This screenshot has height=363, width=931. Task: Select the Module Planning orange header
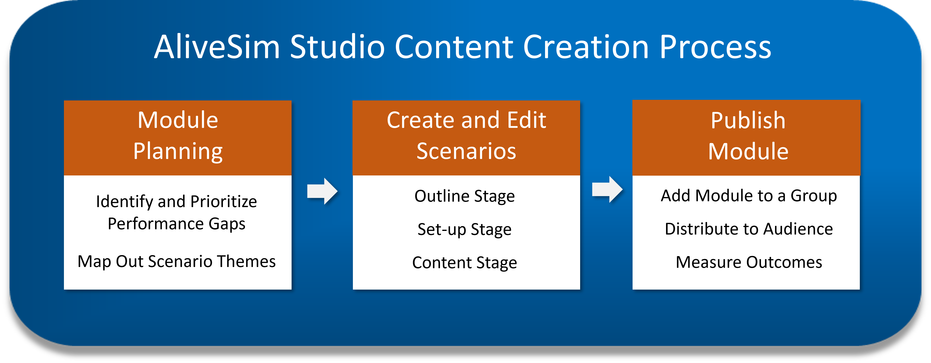tap(178, 138)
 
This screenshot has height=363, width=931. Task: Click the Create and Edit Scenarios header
tap(466, 138)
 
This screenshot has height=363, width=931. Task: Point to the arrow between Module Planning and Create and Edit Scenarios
tap(322, 191)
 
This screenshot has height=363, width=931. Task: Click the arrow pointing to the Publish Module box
tap(607, 189)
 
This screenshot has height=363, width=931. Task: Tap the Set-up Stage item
tap(465, 229)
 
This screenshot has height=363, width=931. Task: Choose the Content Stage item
tap(465, 263)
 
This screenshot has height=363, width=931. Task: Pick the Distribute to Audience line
tap(749, 229)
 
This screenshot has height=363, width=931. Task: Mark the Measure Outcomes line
tap(749, 262)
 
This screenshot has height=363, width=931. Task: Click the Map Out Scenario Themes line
tap(177, 261)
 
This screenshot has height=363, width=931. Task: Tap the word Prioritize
tap(224, 202)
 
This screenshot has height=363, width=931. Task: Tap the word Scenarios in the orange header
tap(466, 151)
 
